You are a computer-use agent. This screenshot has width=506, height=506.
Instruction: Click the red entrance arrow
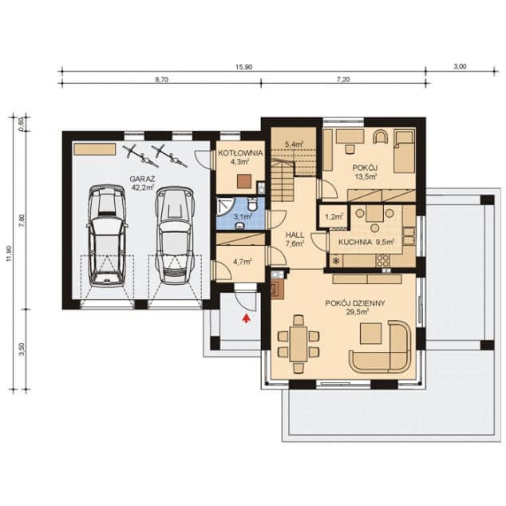click(x=247, y=318)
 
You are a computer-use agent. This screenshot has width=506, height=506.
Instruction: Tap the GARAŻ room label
click(x=142, y=179)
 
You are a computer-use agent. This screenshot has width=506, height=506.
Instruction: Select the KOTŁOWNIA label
click(x=240, y=153)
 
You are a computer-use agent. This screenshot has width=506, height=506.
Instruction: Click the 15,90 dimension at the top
click(x=244, y=67)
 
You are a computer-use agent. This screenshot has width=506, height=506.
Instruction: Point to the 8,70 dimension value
click(x=162, y=80)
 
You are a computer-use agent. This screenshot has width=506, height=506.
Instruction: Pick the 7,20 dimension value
click(x=343, y=79)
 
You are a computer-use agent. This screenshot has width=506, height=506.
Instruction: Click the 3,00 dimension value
click(x=460, y=66)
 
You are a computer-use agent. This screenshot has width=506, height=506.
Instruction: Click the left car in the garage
click(x=106, y=235)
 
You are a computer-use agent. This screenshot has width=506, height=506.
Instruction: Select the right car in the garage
click(x=175, y=235)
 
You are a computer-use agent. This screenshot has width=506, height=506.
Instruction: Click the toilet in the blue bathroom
click(x=252, y=204)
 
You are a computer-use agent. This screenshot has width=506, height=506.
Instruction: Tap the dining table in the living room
click(x=298, y=343)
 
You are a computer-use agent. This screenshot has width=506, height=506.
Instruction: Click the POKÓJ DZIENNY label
click(x=355, y=303)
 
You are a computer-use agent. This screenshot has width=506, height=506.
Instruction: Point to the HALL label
click(x=295, y=235)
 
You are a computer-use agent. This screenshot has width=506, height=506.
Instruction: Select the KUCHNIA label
click(x=355, y=242)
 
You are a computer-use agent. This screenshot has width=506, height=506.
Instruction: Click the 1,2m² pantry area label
click(x=334, y=217)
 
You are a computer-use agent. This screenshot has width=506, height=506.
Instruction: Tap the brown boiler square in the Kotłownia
click(x=244, y=181)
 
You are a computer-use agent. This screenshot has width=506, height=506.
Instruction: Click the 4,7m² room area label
click(x=242, y=262)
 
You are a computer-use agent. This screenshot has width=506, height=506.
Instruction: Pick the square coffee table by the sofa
click(x=371, y=334)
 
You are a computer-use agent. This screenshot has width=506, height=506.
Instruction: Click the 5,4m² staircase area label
click(x=294, y=144)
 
